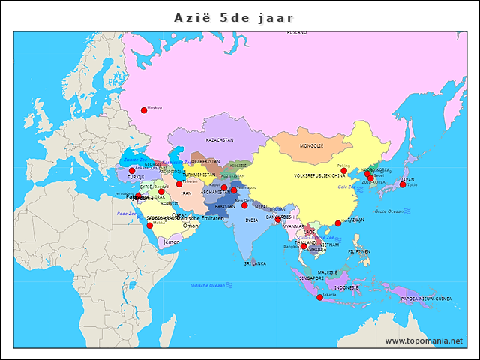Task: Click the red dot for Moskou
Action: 144,110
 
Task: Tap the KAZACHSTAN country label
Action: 220,139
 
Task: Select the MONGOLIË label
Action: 311,145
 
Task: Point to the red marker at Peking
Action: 343,171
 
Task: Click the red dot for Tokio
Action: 403,184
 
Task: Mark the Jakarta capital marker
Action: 320,298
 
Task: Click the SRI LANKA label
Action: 255,263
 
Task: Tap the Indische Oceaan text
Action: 208,285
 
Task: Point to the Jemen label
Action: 172,242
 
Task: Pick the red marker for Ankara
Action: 132,171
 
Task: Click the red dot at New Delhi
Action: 244,205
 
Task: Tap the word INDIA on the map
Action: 252,220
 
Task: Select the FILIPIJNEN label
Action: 358,252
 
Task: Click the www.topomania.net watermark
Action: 424,340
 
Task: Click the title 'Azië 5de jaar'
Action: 234,17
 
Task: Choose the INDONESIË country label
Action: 346,287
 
